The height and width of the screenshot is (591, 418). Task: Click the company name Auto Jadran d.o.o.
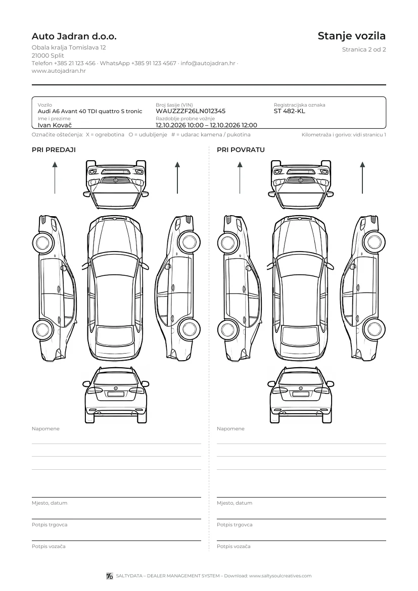pos(74,36)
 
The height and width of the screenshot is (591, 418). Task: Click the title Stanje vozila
pos(352,36)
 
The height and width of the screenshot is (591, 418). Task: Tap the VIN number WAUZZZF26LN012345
pos(191,111)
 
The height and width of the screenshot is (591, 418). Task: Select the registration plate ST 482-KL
pos(289,111)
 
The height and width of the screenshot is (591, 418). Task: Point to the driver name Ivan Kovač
pos(55,125)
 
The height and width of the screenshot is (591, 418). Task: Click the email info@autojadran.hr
pos(208,63)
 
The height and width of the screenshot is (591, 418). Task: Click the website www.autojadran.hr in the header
pos(59,71)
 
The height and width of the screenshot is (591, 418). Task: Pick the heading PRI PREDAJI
pos(54,150)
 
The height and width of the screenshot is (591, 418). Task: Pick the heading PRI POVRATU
pos(241,150)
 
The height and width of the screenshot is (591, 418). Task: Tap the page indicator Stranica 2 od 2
pos(364,50)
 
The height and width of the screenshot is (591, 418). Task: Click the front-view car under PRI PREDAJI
pos(116,184)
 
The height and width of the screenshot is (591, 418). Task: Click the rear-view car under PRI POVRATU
pos(301,395)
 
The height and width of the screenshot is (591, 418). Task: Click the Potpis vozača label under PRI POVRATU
pos(234,546)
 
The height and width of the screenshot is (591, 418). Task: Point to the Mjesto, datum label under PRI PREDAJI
pos(50,503)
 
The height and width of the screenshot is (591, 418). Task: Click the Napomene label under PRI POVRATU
pos(230,428)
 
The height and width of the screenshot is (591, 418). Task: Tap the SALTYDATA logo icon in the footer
pos(110,576)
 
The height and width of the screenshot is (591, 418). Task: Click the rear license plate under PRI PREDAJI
pos(116,394)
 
